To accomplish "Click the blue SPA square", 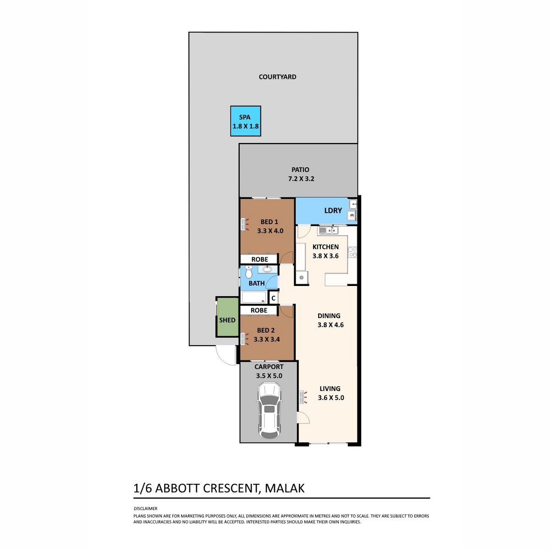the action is [246, 121].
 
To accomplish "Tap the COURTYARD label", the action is [277, 77].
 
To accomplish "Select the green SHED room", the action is [227, 317].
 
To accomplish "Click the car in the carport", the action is [269, 410].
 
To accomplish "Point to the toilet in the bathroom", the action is [249, 271].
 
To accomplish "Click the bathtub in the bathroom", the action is [254, 297].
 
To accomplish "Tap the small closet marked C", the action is [274, 298].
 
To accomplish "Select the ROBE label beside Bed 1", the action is [260, 259].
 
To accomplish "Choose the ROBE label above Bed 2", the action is [259, 310].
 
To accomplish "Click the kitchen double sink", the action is [329, 230].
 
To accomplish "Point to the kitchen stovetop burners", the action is [352, 252].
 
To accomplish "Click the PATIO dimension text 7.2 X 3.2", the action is [301, 179].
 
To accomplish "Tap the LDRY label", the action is [333, 211].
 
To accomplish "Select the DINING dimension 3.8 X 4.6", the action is [330, 325].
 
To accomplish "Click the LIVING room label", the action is [330, 389].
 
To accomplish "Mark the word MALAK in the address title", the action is [285, 488].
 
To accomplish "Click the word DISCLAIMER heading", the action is [146, 508].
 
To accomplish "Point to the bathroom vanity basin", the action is [267, 269].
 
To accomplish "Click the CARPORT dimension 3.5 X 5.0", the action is [269, 376].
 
